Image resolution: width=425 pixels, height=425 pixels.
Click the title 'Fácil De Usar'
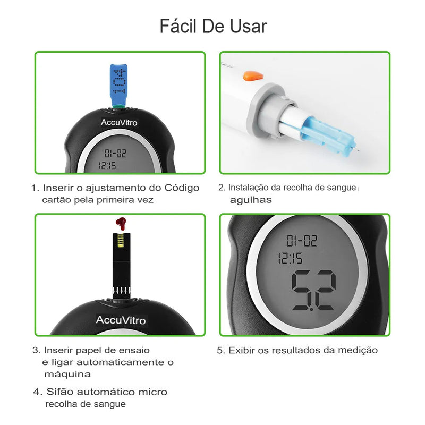[214, 26]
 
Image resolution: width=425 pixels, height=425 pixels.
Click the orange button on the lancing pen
[253, 75]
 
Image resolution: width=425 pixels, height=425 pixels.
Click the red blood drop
[121, 223]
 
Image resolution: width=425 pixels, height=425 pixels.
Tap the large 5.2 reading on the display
[313, 290]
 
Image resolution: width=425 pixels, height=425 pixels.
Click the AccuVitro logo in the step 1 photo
[119, 123]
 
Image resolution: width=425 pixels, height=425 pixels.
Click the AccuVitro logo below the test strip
[121, 320]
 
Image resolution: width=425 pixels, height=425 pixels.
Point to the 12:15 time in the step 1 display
[107, 165]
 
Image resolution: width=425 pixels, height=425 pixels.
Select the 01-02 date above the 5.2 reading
[302, 241]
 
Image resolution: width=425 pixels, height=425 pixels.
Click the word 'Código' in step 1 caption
[182, 188]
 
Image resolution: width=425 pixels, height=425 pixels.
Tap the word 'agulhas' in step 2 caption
[251, 200]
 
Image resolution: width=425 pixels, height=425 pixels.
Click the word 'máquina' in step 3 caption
[67, 375]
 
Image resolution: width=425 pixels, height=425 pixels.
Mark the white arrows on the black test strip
[122, 291]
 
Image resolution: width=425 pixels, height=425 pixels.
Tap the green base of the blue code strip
[118, 106]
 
